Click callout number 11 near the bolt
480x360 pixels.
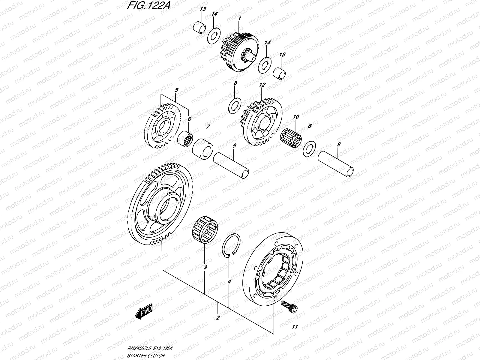click(x=295, y=326)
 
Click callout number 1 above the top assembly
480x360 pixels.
click(x=239, y=19)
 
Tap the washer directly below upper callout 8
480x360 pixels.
click(x=234, y=106)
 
